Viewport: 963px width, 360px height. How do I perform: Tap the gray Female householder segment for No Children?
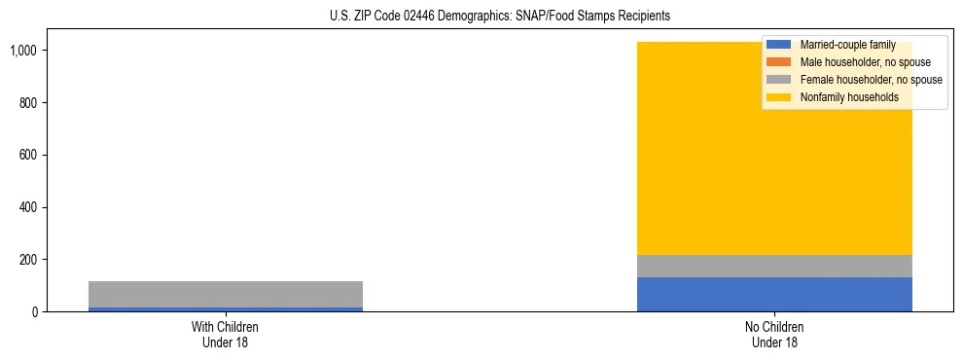pos(774,266)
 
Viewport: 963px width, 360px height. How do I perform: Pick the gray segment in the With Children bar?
pos(226,294)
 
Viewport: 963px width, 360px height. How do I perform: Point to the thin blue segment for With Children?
pos(226,309)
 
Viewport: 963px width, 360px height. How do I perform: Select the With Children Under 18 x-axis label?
pos(226,334)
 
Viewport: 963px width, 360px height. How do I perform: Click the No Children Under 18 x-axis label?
pos(774,334)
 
